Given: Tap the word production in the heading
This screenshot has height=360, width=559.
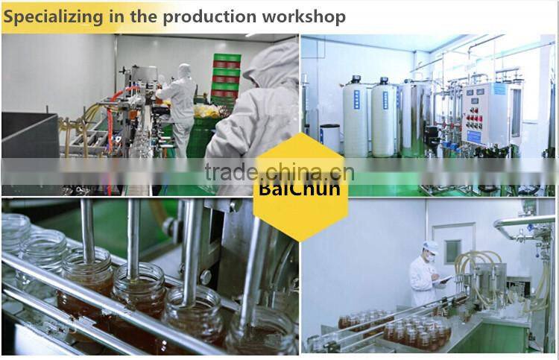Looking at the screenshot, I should coord(206,16).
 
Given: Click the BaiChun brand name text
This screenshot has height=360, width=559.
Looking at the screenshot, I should coord(300,187).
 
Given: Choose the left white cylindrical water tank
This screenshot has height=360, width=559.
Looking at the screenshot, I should coord(355,119).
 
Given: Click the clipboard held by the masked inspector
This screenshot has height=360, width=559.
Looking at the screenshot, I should coord(446,280).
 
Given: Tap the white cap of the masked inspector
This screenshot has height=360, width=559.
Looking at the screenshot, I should coord(430,247).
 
